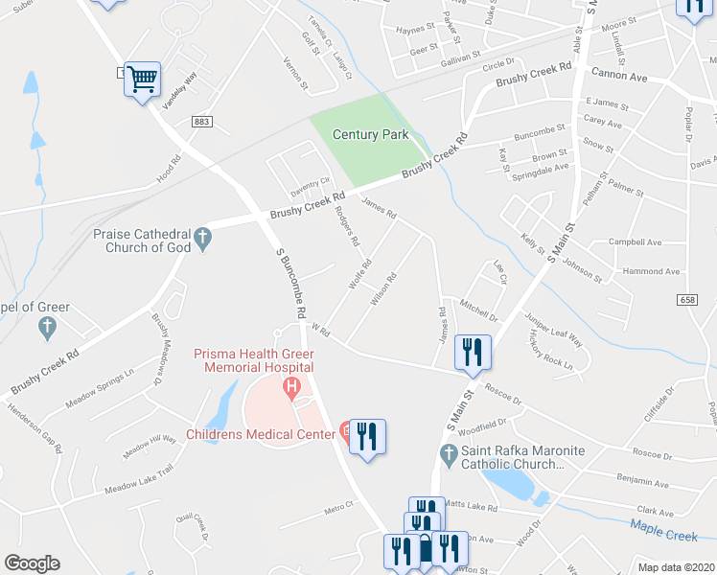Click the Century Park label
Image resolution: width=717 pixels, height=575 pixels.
pyautogui.click(x=370, y=135)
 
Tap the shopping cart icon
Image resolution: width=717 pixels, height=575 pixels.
pyautogui.click(x=142, y=79)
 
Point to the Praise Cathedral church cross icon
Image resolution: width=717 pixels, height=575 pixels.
pyautogui.click(x=202, y=238)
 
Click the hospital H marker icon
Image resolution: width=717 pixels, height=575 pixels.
pyautogui.click(x=290, y=386)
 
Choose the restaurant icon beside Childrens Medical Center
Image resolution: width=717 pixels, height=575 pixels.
pyautogui.click(x=366, y=436)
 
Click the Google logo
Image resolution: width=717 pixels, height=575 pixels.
pyautogui.click(x=32, y=563)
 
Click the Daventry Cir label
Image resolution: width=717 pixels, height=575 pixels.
pyautogui.click(x=311, y=181)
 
